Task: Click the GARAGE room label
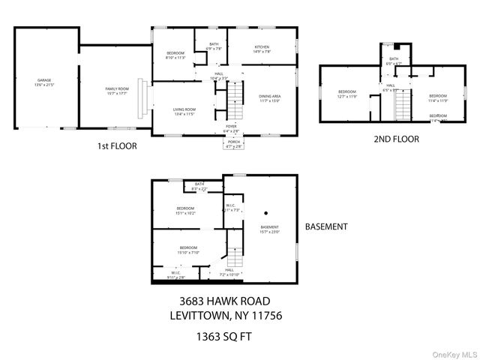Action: tap(45, 79)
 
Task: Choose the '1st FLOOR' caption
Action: tap(118, 147)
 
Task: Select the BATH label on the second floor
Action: tap(394, 61)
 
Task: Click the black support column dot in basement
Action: tap(265, 212)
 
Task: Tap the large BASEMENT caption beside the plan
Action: tap(326, 226)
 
